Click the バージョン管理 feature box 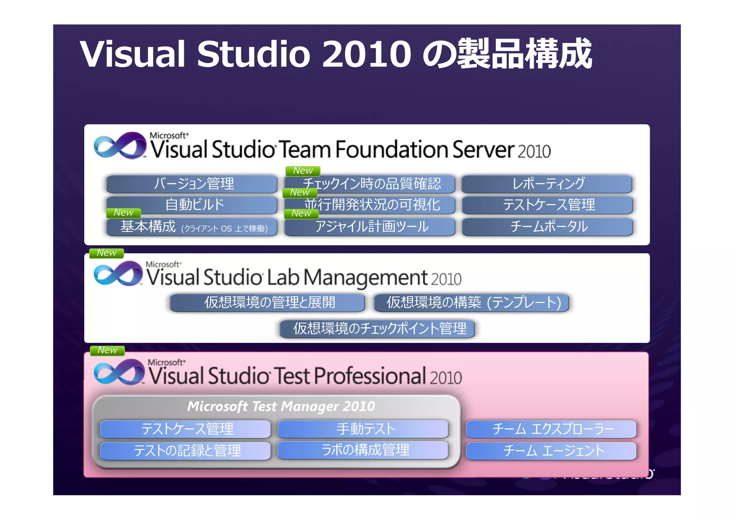coord(192,184)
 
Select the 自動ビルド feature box coord(192,205)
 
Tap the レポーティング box coord(547,184)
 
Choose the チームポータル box coord(548,227)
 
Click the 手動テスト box coord(363,429)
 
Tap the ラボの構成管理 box coord(363,450)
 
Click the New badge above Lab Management coord(106,253)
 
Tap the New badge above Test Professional coord(107,350)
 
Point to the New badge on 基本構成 coord(123,213)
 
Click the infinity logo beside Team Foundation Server coord(120,146)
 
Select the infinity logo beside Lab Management coord(118,273)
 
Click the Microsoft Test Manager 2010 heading coord(281,406)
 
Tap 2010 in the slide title coord(366,54)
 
